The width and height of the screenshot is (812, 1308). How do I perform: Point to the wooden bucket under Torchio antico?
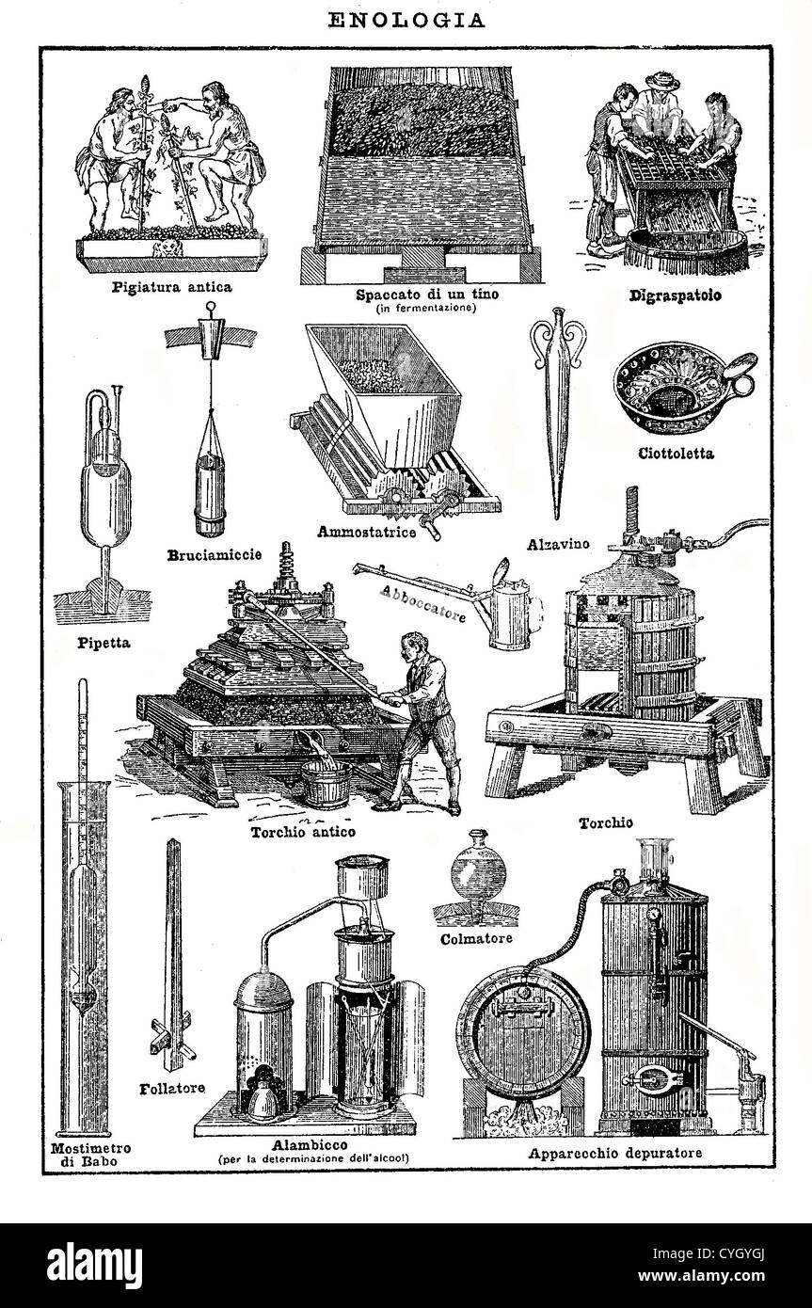click(x=325, y=784)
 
